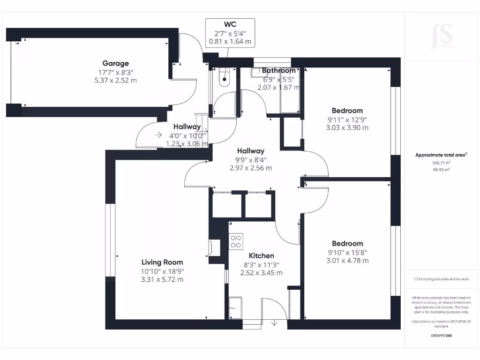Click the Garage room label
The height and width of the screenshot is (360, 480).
pyautogui.click(x=115, y=63)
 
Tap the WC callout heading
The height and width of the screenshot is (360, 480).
pyautogui.click(x=230, y=23)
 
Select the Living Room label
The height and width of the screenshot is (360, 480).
pyautogui.click(x=162, y=262)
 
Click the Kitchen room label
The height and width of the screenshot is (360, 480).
pyautogui.click(x=261, y=255)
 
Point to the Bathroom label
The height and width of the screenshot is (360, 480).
pyautogui.click(x=278, y=70)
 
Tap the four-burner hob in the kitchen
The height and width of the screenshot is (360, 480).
pyautogui.click(x=235, y=241)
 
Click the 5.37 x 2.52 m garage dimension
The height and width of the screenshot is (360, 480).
pyautogui.click(x=115, y=80)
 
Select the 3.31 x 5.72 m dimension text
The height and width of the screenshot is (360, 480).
pyautogui.click(x=162, y=279)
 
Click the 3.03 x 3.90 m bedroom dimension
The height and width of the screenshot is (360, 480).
pyautogui.click(x=347, y=127)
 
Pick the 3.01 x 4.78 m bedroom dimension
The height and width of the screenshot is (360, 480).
pyautogui.click(x=347, y=261)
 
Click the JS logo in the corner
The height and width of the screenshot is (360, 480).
pyautogui.click(x=442, y=36)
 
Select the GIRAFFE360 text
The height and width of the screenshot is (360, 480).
pyautogui.click(x=441, y=336)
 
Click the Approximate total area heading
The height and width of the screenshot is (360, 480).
pyautogui.click(x=441, y=155)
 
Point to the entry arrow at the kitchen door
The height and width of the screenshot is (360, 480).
pyautogui.click(x=274, y=322)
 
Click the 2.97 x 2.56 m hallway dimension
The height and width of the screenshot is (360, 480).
pyautogui.click(x=251, y=168)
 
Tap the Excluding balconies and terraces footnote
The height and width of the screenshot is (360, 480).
pyautogui.click(x=441, y=279)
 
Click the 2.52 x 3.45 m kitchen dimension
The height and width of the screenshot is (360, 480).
pyautogui.click(x=261, y=272)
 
